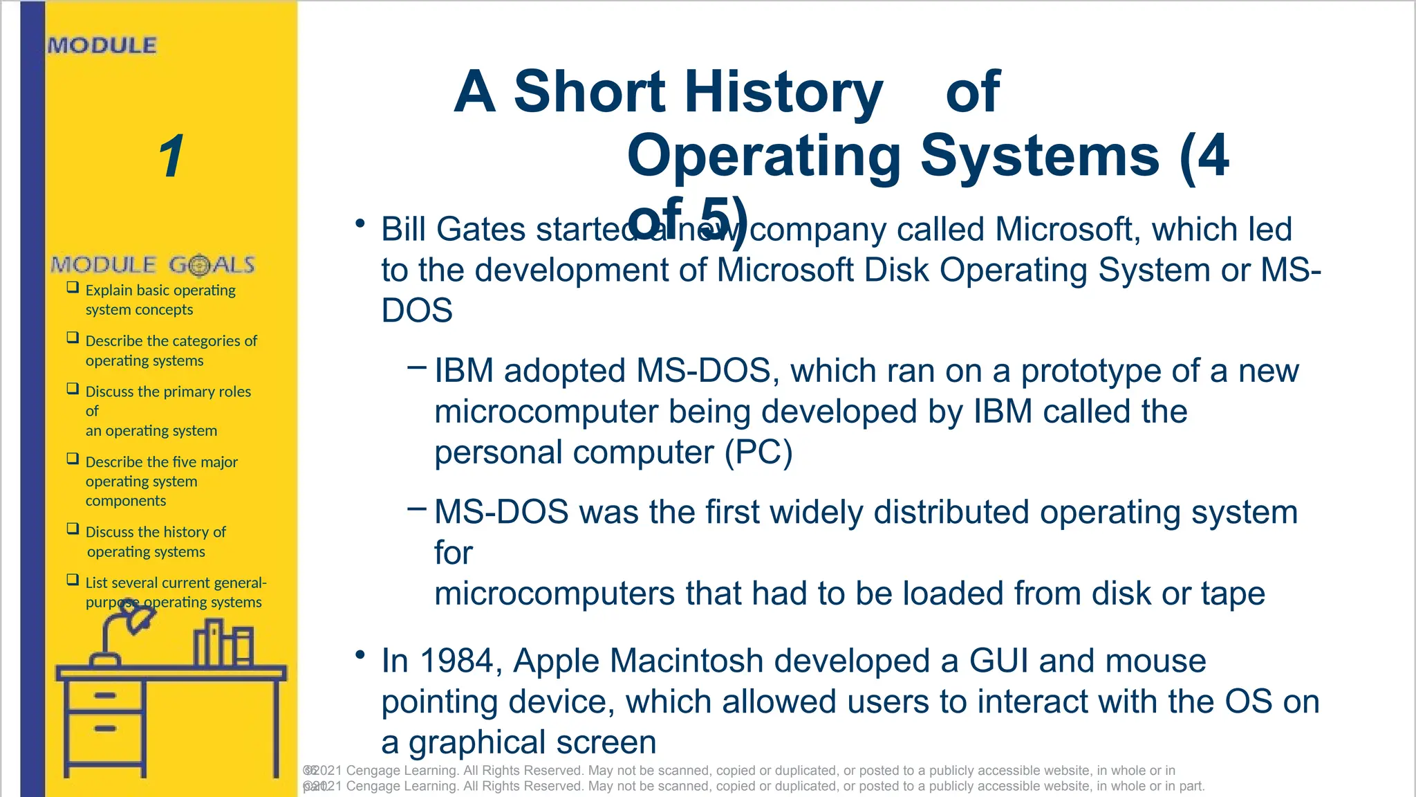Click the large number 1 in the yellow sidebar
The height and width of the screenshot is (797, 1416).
[x=171, y=156]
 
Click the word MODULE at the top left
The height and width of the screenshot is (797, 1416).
[x=102, y=46]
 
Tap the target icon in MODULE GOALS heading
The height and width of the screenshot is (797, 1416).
[x=199, y=265]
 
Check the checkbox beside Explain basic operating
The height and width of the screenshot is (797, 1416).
[x=73, y=287]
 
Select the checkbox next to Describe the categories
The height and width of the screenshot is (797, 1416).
[x=73, y=338]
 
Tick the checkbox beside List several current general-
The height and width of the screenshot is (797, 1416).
[x=73, y=580]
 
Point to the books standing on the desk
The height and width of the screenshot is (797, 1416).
[x=223, y=643]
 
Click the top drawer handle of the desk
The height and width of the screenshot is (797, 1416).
[x=105, y=695]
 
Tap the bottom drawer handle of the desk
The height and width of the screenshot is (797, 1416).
[x=105, y=729]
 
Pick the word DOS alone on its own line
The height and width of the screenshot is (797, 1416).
[x=417, y=310]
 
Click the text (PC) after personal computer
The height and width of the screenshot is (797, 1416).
[x=758, y=452]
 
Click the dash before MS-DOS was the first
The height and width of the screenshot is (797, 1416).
[x=417, y=510]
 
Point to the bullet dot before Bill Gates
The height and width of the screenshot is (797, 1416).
[x=360, y=223]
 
